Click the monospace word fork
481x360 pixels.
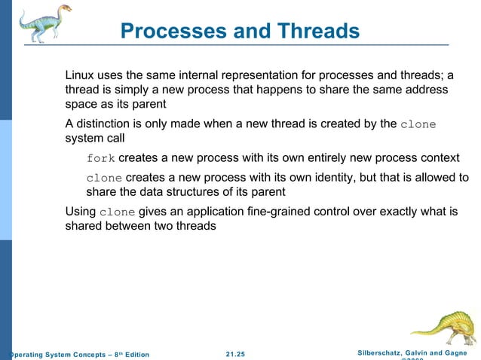tap(100, 159)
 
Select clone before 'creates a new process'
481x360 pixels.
tap(104, 178)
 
